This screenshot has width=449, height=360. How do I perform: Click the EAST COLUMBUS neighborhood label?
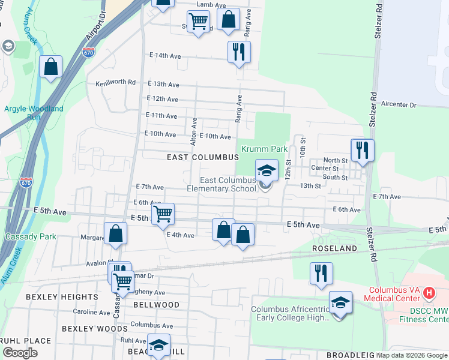click(x=203, y=157)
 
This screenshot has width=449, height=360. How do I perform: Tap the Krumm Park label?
click(x=265, y=149)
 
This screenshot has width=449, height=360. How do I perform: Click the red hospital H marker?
click(x=429, y=293)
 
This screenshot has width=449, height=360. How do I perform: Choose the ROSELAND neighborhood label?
click(x=334, y=248)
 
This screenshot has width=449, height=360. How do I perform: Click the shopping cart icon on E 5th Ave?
click(x=162, y=214)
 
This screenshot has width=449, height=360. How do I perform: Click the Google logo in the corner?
click(x=20, y=353)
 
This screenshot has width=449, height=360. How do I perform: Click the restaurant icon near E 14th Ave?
click(x=239, y=52)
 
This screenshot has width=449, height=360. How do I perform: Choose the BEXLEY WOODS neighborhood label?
click(x=95, y=329)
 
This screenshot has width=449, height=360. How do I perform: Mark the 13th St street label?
click(x=311, y=186)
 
